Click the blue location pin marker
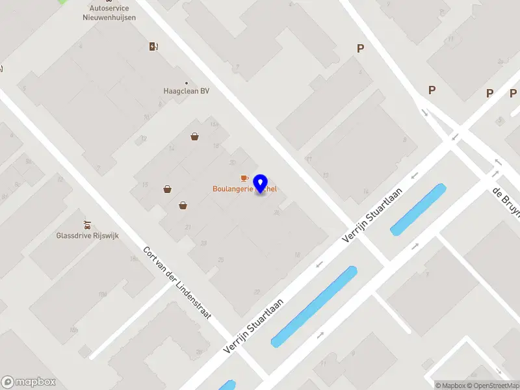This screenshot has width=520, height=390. coord(261,183)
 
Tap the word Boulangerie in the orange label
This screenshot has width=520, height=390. coord(233,189)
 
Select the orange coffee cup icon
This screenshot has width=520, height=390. coord(244,178)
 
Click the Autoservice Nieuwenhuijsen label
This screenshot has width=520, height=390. coord(113,13)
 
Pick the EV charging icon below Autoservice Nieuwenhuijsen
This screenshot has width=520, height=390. coord(153,46)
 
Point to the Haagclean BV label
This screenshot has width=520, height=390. coord(186,92)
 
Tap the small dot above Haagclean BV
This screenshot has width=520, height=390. coord(187,83)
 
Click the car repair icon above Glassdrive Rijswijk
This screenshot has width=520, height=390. coord(87,224)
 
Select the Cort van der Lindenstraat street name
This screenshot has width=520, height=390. coord(178,283)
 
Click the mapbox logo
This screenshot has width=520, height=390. coord(29,382)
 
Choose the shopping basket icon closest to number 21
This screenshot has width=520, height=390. coord(183,205)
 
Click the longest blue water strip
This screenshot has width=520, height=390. coord(314,306)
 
